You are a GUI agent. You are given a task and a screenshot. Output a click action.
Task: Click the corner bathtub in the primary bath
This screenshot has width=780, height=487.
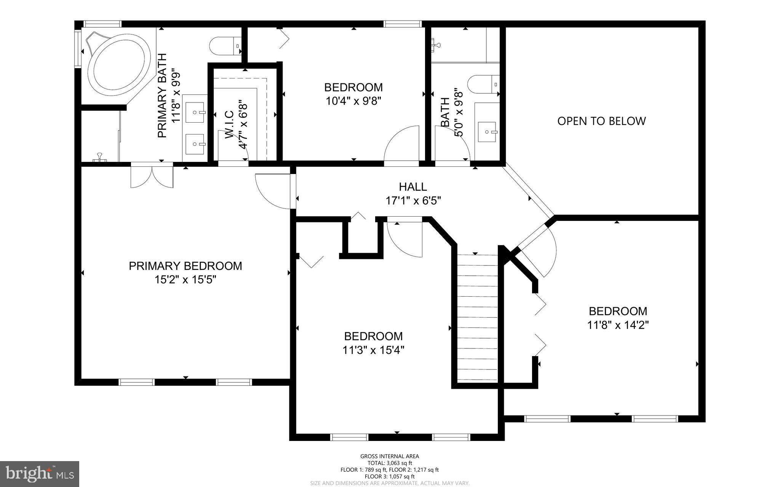[119, 65]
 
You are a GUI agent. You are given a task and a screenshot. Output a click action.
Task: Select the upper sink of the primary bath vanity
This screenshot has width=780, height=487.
[195, 112]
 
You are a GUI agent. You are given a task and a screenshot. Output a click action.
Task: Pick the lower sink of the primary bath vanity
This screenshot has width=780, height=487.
[195, 144]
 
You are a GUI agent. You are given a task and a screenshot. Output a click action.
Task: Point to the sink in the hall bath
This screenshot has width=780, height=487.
[487, 132]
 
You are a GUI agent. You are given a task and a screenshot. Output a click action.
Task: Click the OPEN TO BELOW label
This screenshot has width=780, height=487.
[601, 121]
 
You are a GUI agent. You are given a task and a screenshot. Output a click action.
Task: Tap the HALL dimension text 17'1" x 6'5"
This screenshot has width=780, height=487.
[413, 201]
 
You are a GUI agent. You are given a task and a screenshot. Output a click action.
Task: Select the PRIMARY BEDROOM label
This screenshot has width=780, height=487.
[185, 266]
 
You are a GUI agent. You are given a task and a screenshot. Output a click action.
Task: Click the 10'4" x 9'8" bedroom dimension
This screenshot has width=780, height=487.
[353, 101]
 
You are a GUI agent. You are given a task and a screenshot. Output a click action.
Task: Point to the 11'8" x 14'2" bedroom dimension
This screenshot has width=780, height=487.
[618, 325]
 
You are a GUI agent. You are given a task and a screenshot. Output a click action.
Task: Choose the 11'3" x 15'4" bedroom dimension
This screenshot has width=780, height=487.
[373, 350]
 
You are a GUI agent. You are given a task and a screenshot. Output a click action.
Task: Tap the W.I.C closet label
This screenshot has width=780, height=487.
[229, 124]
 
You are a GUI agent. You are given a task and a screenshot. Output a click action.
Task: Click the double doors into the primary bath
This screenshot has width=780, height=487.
[152, 176]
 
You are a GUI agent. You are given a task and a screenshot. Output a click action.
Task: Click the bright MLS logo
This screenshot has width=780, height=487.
[40, 474]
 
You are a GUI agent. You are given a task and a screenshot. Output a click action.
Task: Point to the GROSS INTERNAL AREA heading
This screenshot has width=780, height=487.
[390, 456]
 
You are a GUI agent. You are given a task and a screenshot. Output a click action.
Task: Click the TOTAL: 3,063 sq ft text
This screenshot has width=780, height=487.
[390, 463]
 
